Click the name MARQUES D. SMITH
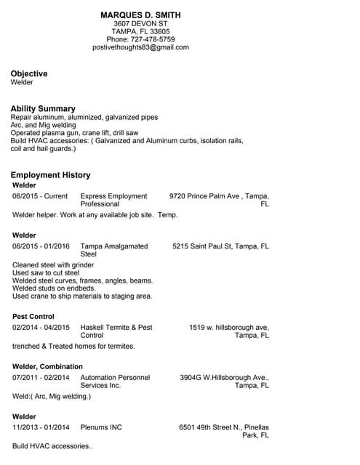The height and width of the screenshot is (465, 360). [x=140, y=15]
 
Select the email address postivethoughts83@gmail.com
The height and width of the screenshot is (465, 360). [x=140, y=47]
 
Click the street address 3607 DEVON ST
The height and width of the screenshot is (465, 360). [x=140, y=23]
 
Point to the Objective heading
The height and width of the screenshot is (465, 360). [x=29, y=73]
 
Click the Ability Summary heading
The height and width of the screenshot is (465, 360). [x=43, y=108]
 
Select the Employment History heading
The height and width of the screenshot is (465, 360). [x=50, y=175]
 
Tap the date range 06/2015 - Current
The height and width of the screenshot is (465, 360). [x=40, y=196]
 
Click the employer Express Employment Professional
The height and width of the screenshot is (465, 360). [x=113, y=200]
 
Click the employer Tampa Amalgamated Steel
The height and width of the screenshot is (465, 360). [x=113, y=250]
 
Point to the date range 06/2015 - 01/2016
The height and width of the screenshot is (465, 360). [x=41, y=246]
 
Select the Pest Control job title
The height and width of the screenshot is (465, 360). [x=33, y=317]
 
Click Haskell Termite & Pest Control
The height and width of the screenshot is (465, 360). [x=116, y=331]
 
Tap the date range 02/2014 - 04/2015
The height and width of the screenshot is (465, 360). [x=41, y=328]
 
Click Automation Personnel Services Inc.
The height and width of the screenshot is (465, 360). [x=115, y=381]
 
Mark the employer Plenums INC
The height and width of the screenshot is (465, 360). [x=101, y=427]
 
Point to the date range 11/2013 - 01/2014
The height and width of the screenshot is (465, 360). [x=41, y=427]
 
